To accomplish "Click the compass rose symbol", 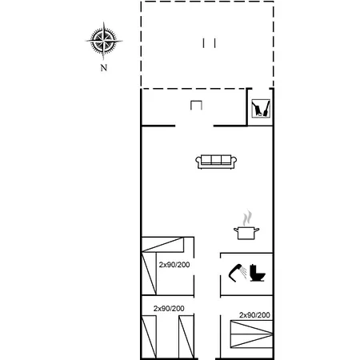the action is (x=104, y=41).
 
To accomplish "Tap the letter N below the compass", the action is (x=104, y=68).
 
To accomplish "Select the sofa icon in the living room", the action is (x=216, y=162).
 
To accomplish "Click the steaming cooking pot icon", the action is (x=246, y=226).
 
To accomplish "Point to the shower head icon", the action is (x=237, y=273).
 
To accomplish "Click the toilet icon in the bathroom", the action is (x=258, y=273).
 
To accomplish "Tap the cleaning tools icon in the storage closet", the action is (x=261, y=108).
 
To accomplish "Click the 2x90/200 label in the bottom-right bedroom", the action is (x=254, y=315).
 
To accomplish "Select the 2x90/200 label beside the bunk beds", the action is (x=174, y=265).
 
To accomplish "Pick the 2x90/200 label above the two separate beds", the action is (x=169, y=309).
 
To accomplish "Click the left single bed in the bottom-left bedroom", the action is (x=149, y=337).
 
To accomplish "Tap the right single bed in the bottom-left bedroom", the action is (x=186, y=337).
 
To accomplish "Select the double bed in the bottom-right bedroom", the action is (x=251, y=334).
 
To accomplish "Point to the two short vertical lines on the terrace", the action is (x=209, y=43).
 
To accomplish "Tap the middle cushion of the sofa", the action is (x=216, y=159).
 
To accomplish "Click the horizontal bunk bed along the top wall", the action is (x=162, y=245).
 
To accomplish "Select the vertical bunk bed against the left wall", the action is (x=149, y=274).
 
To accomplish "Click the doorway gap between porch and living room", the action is (x=194, y=126).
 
